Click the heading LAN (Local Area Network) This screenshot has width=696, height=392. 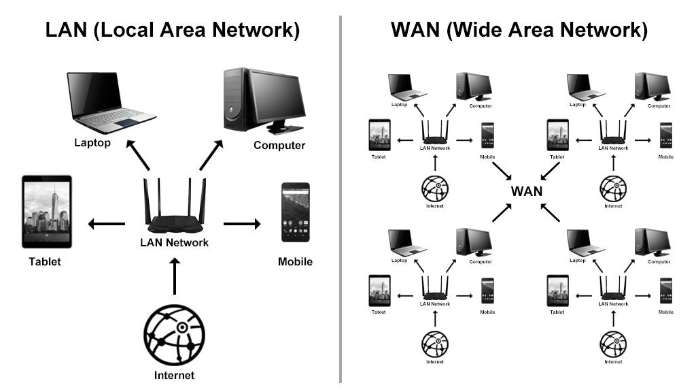173,30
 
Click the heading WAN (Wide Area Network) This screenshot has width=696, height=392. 519,30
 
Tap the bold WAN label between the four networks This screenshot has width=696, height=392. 527,191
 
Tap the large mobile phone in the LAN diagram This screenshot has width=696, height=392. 296,212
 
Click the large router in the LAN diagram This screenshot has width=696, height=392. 174,208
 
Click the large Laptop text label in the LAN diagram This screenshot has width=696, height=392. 92,143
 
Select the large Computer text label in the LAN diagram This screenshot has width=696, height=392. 279,145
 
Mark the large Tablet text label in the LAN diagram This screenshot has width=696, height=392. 45,261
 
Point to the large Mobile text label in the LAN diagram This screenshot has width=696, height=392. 296,261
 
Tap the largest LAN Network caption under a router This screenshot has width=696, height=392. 174,242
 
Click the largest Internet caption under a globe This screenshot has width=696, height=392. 174,375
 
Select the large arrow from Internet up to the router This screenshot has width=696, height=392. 175,276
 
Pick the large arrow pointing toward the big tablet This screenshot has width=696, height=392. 106,223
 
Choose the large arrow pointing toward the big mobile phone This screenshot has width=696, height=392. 243,223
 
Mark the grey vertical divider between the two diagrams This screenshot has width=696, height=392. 341,197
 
